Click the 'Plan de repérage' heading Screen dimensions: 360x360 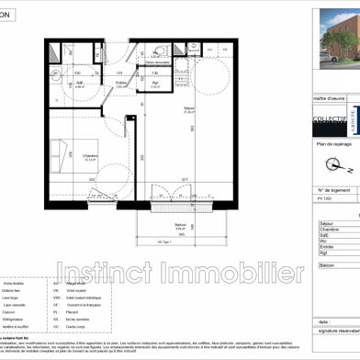tap(334, 144)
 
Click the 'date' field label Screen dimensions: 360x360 tap(323, 321)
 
